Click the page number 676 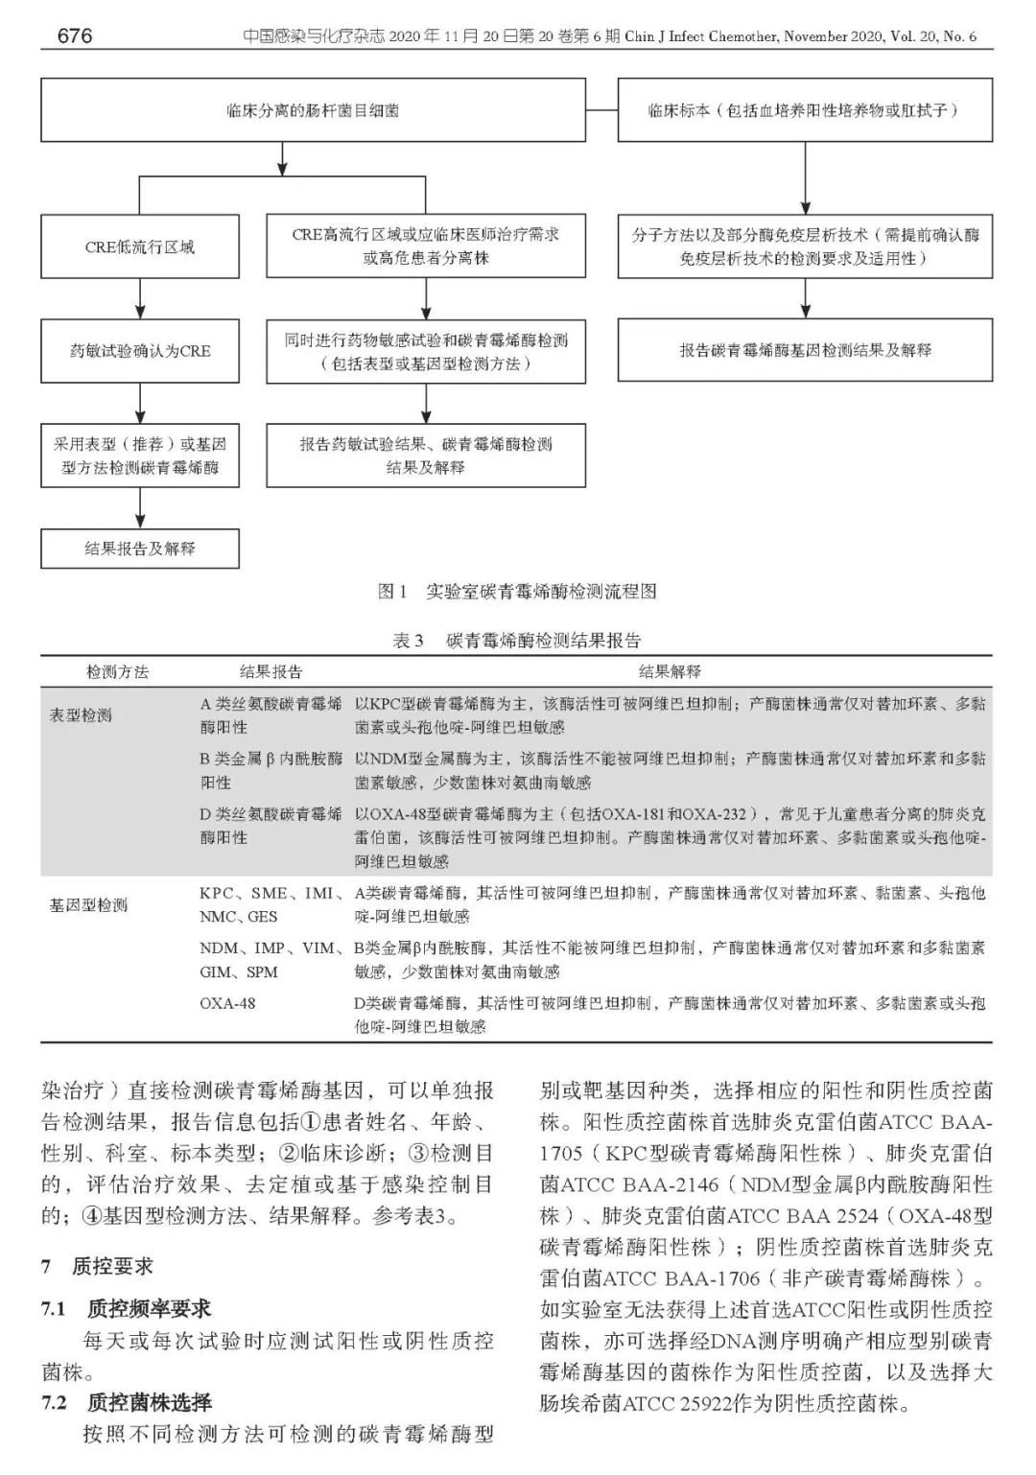tap(74, 36)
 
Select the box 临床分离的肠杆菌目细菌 tap(313, 110)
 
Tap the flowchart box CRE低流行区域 tap(139, 246)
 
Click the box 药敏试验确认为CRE tap(139, 351)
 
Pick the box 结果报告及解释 tap(139, 550)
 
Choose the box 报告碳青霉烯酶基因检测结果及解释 tap(805, 350)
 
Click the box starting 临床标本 tap(805, 110)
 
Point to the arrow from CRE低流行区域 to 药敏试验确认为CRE tap(140, 299)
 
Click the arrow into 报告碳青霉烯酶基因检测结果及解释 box tap(805, 299)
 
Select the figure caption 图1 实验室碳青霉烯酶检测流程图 tap(517, 592)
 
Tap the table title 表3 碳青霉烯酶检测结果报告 tap(517, 640)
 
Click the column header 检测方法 tap(118, 671)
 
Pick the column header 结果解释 tap(670, 671)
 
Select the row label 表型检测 tap(81, 715)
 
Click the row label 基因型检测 tap(88, 904)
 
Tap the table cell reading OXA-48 tap(227, 1004)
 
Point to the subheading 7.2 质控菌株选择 tap(127, 1403)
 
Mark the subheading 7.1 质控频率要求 tap(127, 1308)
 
